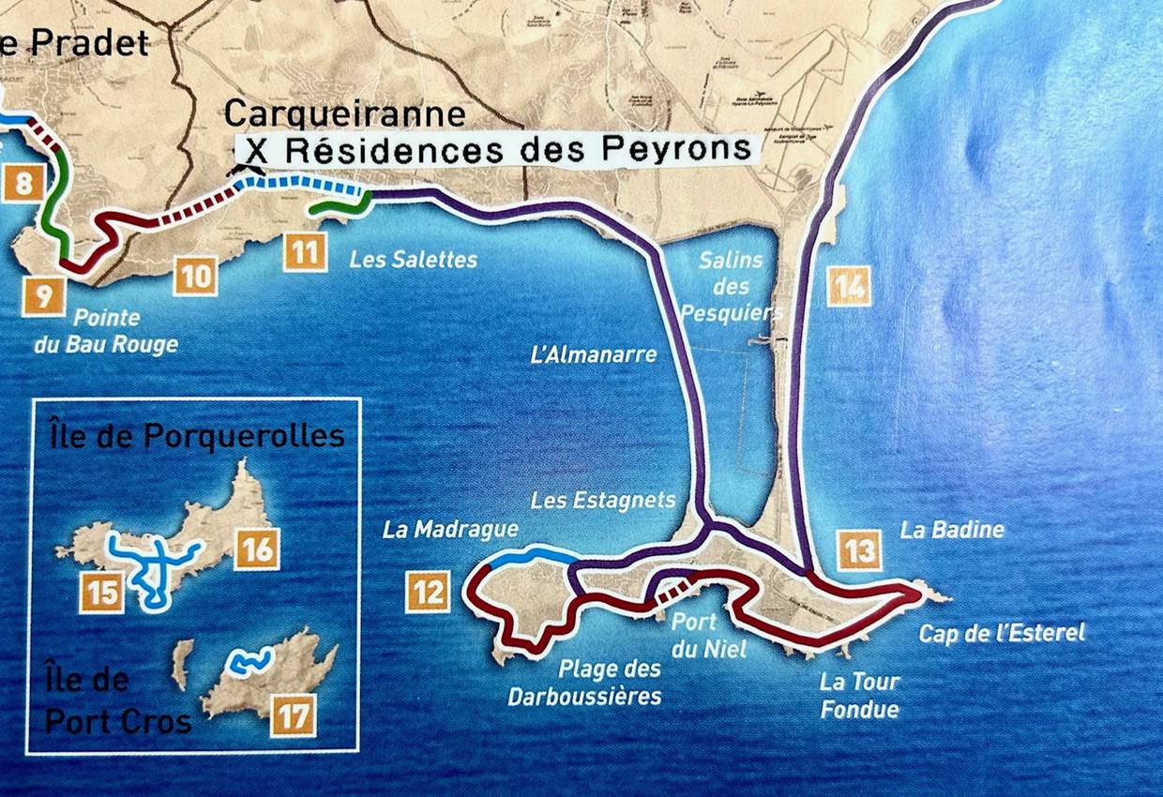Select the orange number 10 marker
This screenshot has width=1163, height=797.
tap(195, 277)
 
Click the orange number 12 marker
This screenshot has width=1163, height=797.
tap(427, 593)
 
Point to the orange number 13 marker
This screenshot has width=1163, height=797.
tap(859, 549)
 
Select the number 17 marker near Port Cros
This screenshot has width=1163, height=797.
tap(294, 718)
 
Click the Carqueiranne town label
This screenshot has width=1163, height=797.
tap(344, 114)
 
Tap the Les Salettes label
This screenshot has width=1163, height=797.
tap(413, 260)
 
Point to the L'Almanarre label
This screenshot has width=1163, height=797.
tap(594, 355)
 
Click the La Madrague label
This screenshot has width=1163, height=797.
tap(450, 530)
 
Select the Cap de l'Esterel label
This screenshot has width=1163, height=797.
tap(1002, 633)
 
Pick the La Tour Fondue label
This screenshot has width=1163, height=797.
tap(859, 695)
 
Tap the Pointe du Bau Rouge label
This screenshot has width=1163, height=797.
tap(106, 331)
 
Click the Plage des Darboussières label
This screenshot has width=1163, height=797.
tap(585, 683)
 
